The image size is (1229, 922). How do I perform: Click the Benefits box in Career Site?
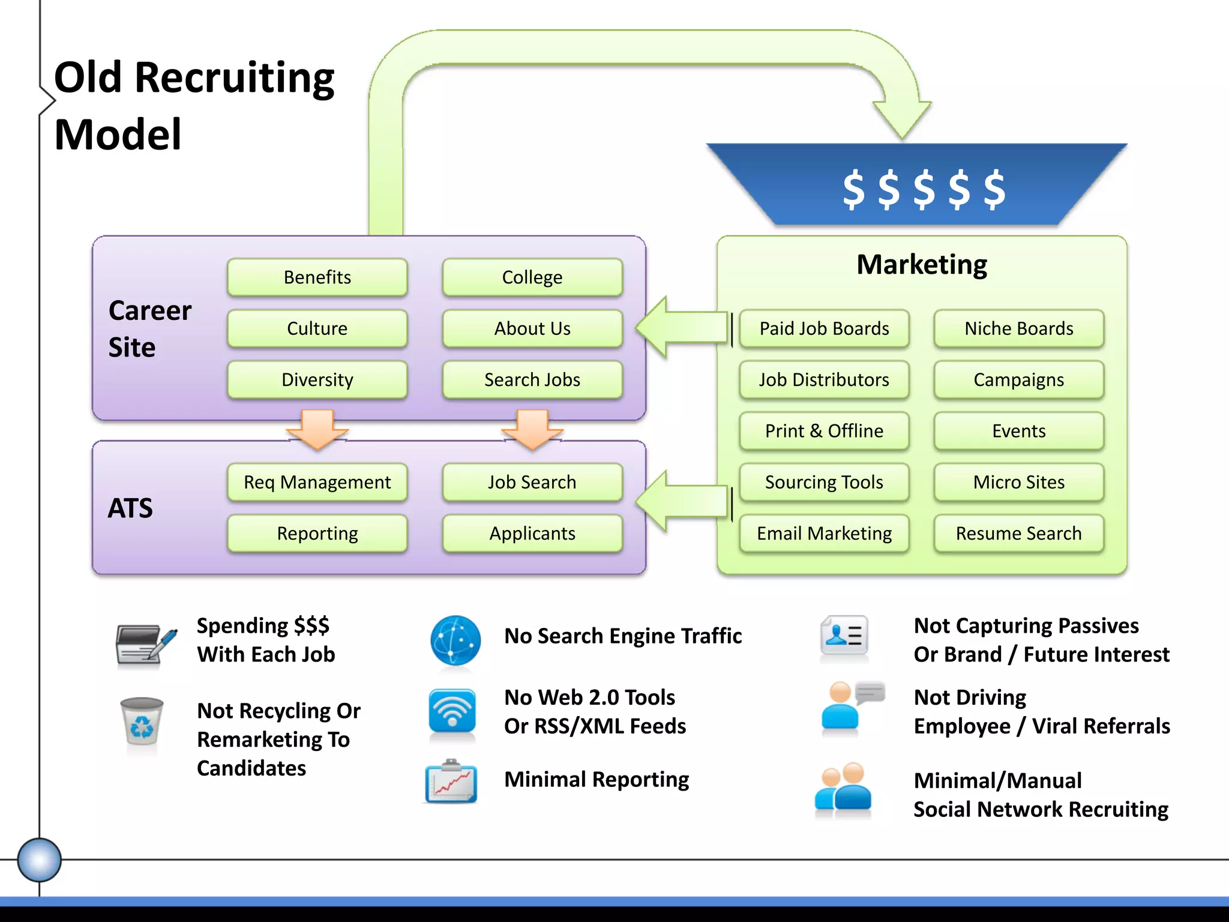point(317,277)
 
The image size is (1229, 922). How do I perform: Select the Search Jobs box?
point(532,379)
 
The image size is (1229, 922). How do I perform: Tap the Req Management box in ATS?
point(317,482)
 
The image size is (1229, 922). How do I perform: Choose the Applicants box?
point(532,533)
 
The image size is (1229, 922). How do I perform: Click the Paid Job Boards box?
point(824,328)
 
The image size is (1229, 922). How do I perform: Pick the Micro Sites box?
point(1018,482)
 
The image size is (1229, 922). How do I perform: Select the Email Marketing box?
point(824,533)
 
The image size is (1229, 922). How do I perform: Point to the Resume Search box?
point(1018,533)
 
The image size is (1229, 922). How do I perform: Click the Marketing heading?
point(921,265)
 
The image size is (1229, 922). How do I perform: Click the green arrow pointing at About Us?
point(681,328)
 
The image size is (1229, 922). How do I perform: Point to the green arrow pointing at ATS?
point(681,501)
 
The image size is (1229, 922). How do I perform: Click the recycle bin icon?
point(142,727)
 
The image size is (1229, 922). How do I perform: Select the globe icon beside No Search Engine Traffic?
point(455,640)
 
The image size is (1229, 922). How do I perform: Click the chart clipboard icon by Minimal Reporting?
point(451,782)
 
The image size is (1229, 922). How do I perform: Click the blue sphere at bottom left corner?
point(39,860)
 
